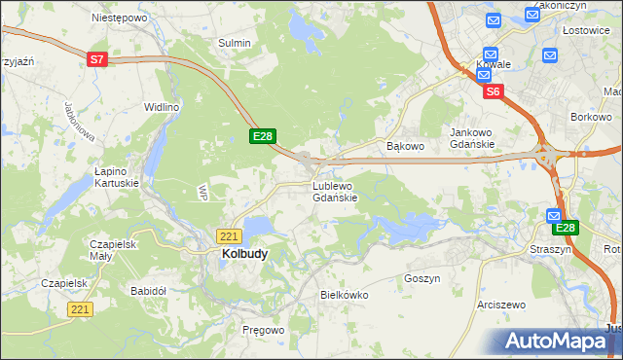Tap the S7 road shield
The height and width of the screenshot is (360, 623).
point(96,59)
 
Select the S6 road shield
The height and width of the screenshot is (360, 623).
point(494,91)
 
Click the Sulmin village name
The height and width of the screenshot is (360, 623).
point(235,43)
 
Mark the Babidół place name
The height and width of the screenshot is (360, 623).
point(150,290)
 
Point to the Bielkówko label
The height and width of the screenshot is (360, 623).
point(342,294)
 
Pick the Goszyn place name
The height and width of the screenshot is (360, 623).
point(422,277)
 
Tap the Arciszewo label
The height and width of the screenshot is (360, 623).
point(501,305)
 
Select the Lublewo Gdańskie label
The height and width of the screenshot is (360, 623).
point(335,191)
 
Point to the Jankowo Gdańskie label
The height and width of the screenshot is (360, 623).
point(472,137)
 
